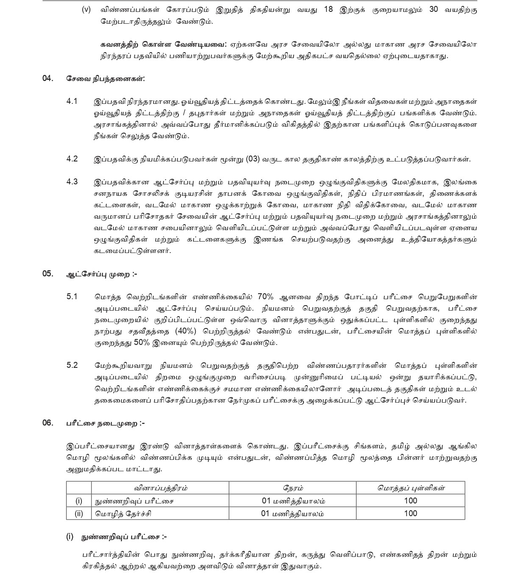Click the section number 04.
pos(48,78)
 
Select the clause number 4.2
pos(72,159)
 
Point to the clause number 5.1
pos(72,296)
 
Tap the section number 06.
pos(48,423)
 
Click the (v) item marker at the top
pos(86,10)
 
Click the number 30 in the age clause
pos(434,10)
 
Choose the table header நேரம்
pos(293,488)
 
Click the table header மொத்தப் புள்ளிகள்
pos(411,488)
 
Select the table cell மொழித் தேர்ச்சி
pos(123,514)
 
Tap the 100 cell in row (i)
pos(411,501)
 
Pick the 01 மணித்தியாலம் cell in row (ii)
pos(293,514)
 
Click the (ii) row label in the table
pos(79,514)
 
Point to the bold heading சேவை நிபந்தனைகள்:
pos(106,79)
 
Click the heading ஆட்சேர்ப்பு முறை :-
pos(102,274)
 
